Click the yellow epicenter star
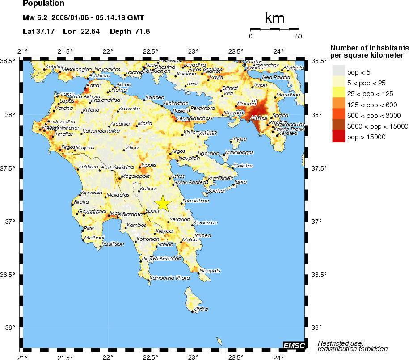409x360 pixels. tap(163, 203)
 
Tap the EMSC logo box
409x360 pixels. tap(294, 345)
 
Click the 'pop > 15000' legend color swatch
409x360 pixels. tap(339, 138)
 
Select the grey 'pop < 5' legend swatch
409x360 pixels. tap(339, 71)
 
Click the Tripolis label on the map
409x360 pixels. tap(148, 165)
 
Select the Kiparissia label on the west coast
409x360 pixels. tap(92, 193)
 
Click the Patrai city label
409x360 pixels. tap(94, 85)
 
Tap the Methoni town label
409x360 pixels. tap(94, 238)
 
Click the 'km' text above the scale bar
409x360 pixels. tap(274, 18)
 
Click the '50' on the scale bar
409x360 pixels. tap(299, 37)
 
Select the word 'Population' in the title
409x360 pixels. tap(43, 4)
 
